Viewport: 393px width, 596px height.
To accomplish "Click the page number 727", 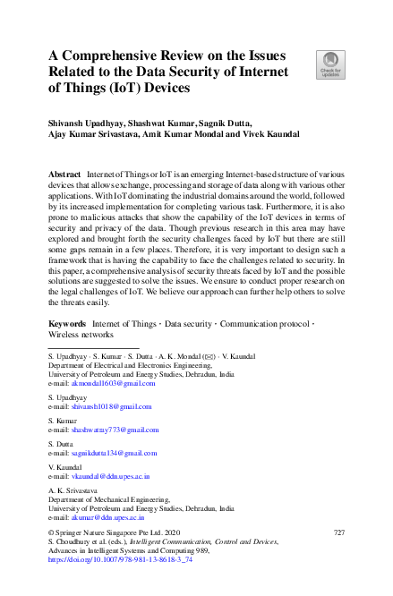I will tap(338, 532).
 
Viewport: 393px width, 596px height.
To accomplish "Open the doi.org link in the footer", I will tap(107, 558).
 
